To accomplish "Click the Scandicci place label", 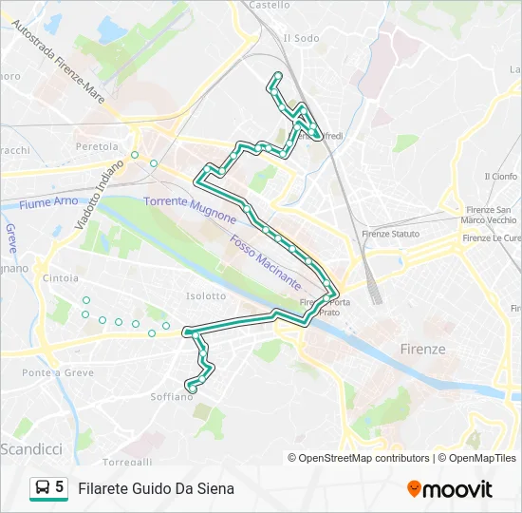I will [x=32, y=447].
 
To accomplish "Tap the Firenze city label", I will [x=422, y=349].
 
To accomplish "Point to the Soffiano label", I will [x=172, y=396].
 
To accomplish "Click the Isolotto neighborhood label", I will [x=206, y=295].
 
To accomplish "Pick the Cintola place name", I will [x=61, y=277].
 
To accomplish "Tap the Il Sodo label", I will [x=301, y=38].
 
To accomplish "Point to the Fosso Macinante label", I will [x=265, y=264].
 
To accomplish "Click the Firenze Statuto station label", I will [x=390, y=234].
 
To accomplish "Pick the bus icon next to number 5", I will [x=43, y=488].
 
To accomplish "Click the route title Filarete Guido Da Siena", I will [x=156, y=489].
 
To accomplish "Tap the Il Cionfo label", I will [x=500, y=176].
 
